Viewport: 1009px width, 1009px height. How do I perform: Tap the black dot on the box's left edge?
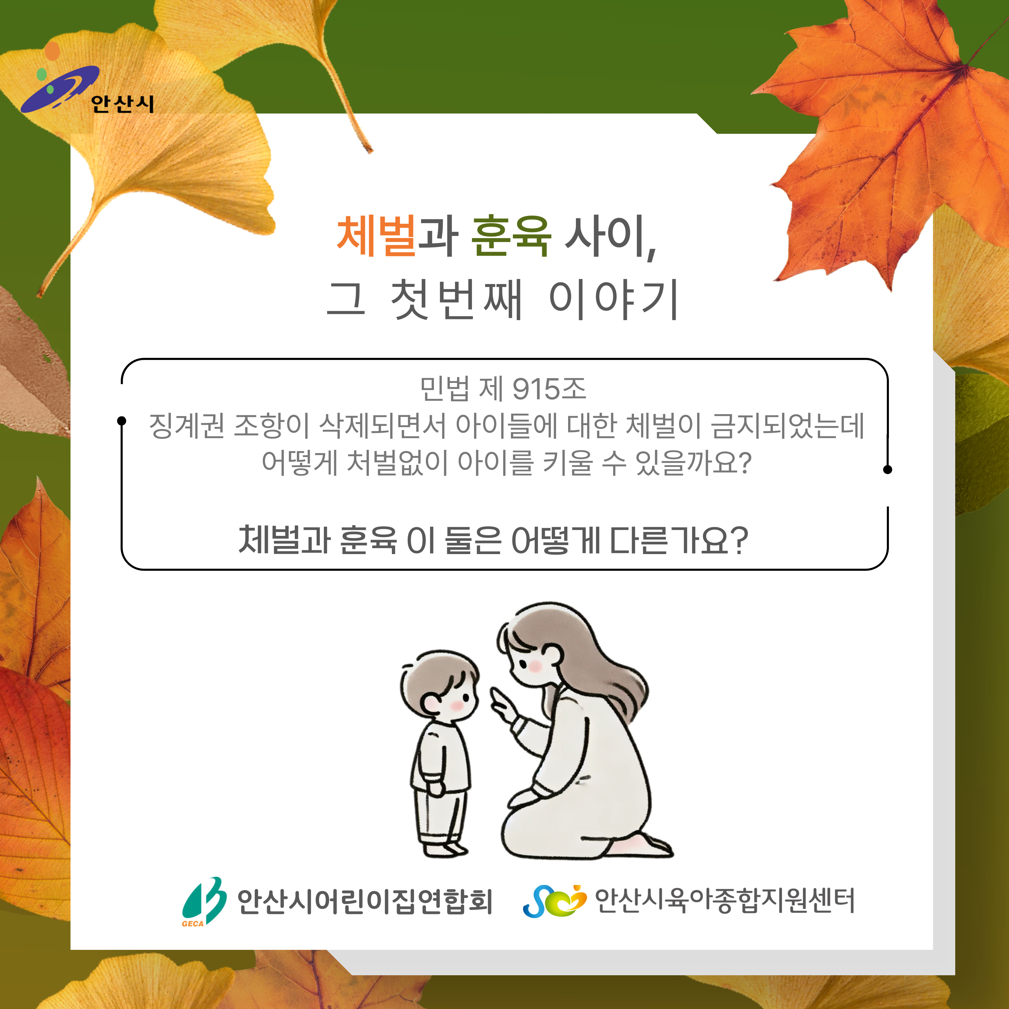click(x=122, y=421)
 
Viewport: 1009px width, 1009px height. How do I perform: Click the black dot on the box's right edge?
click(x=887, y=470)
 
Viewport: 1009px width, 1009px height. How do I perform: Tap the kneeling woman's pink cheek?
click(x=535, y=666)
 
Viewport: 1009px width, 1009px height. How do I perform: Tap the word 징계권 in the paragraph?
click(x=186, y=426)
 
